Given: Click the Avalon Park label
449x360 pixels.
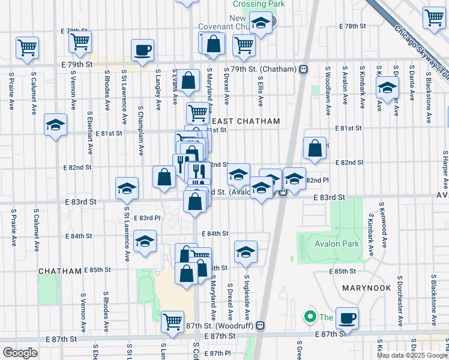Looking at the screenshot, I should point(336,244).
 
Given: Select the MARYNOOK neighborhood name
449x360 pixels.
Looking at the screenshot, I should point(367,288).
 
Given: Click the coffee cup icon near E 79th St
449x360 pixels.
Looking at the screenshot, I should point(142,50).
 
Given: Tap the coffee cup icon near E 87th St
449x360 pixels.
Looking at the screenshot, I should point(346,317).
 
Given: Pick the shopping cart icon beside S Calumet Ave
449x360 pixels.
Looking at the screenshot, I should point(27,47).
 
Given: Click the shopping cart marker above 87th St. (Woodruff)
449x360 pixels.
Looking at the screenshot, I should point(172,321).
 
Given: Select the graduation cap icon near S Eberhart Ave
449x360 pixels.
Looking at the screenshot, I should point(55,125).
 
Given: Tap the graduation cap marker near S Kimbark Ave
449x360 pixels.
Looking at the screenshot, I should point(387,88).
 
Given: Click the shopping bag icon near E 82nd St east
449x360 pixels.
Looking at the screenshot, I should point(315,149).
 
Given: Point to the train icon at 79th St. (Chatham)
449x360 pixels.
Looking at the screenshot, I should point(304,69).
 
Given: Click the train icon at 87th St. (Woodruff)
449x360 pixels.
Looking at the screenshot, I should point(260,325).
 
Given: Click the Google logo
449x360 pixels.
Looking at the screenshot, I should point(20,352).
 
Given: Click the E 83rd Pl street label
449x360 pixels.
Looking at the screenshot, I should point(148,218).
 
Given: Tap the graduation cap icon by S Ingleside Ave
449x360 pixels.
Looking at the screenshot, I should point(245,253).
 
